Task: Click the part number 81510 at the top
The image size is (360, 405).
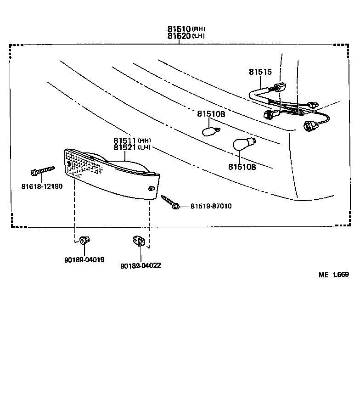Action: pyautogui.click(x=179, y=28)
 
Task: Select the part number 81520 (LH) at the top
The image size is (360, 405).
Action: pyautogui.click(x=179, y=36)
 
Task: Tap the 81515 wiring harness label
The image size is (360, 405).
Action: pyautogui.click(x=260, y=72)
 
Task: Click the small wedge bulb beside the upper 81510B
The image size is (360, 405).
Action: pyautogui.click(x=210, y=131)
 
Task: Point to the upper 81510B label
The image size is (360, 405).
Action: pyautogui.click(x=211, y=114)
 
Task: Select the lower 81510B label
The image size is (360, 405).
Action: pyautogui.click(x=242, y=167)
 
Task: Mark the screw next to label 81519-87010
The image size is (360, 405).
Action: pyautogui.click(x=170, y=202)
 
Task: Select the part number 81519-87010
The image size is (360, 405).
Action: pyautogui.click(x=211, y=206)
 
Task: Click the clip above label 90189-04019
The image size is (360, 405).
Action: pyautogui.click(x=84, y=240)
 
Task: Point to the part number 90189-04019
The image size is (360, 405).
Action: pyautogui.click(x=84, y=259)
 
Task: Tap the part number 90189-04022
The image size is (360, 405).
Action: pyautogui.click(x=141, y=265)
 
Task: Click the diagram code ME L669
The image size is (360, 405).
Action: pyautogui.click(x=334, y=275)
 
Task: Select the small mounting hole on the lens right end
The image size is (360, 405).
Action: pyautogui.click(x=152, y=188)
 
